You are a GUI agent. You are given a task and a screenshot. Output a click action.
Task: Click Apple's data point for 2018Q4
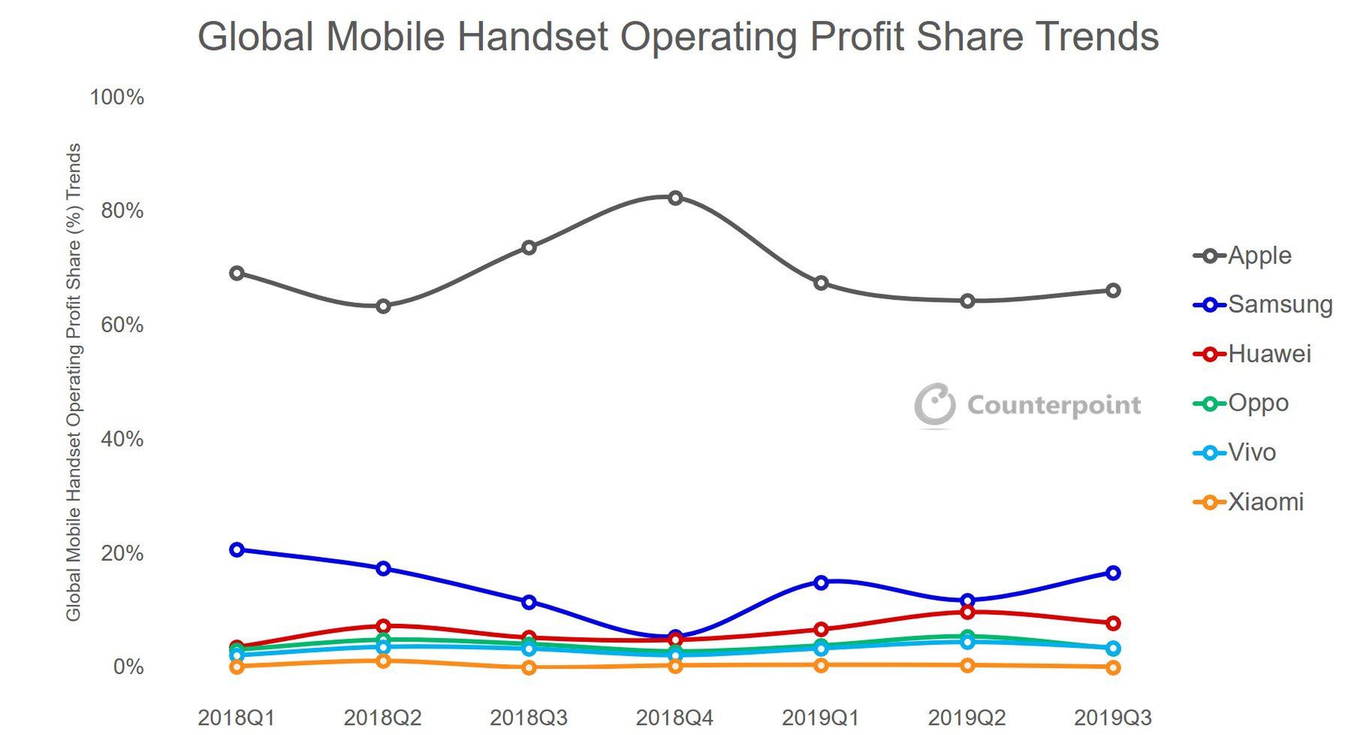pos(675,198)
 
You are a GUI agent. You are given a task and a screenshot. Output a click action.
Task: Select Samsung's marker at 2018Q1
pos(237,549)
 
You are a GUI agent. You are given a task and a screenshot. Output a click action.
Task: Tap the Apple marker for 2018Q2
pos(383,306)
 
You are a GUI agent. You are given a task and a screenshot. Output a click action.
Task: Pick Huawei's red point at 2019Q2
pos(967,612)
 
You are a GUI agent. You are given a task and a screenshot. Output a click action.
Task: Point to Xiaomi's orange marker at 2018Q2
pos(383,661)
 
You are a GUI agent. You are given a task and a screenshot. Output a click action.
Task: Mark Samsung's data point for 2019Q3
pos(1113,573)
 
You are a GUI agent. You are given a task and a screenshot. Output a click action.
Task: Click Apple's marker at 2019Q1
pos(821,283)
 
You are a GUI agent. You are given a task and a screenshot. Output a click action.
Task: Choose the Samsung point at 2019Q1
pos(821,582)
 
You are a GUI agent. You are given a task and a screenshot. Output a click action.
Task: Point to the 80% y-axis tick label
pos(122,210)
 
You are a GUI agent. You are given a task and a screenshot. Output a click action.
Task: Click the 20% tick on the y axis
pos(122,553)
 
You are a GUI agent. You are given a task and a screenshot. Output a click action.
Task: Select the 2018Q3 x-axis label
pos(529,718)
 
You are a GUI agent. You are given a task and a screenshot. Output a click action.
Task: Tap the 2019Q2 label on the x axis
pos(966,718)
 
